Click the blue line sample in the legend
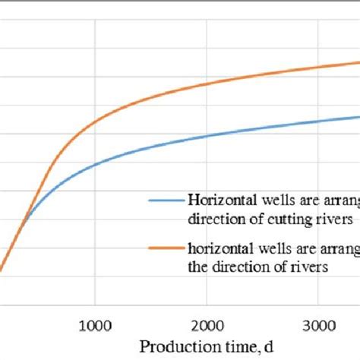coord(165,202)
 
